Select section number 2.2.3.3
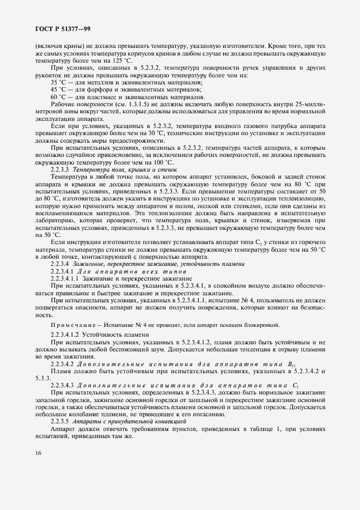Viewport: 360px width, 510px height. tap(60, 185)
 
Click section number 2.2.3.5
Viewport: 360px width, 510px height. tap(60, 422)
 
